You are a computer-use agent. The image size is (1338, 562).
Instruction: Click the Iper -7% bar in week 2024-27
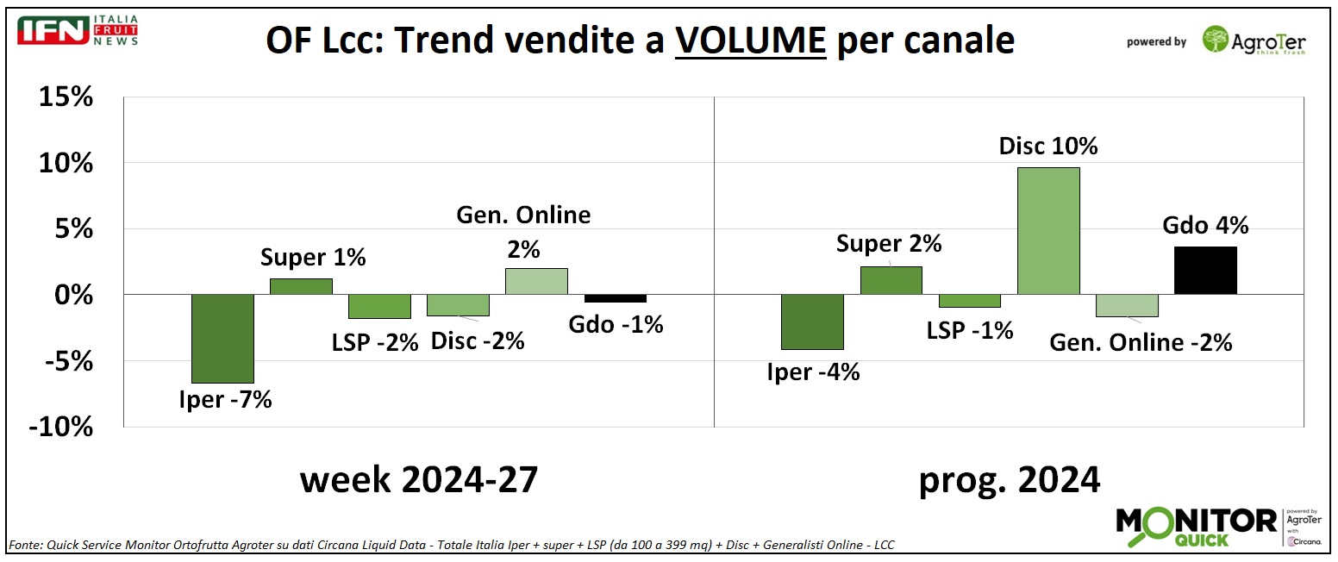tap(222, 338)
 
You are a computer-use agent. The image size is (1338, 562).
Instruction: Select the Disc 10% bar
tap(1048, 230)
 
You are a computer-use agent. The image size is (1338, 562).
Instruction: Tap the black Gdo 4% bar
tap(1205, 271)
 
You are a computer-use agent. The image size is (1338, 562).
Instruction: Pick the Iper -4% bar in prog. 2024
tap(812, 322)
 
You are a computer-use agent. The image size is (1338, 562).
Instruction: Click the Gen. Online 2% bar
tap(536, 281)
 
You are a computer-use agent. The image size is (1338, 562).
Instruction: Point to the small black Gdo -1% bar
tap(615, 298)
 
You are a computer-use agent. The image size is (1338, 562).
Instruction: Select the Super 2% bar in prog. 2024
tap(891, 280)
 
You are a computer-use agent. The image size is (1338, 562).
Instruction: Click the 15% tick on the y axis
tap(66, 97)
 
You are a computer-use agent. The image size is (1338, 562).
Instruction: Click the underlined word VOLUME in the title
tap(750, 40)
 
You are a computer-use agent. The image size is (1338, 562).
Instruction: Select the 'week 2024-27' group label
tap(419, 479)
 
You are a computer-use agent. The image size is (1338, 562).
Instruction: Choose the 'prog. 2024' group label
tap(1010, 479)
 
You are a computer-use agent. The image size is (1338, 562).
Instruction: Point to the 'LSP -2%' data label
tap(375, 341)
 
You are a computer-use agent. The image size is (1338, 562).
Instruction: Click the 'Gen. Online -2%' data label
tap(1141, 342)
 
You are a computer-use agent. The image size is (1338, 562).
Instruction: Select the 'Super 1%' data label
tap(314, 257)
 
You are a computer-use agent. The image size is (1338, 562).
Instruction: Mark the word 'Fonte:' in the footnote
tap(26, 546)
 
